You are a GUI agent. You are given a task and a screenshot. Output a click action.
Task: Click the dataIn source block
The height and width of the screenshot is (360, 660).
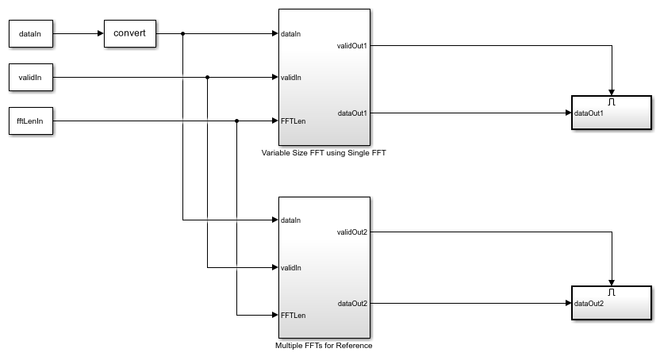31,33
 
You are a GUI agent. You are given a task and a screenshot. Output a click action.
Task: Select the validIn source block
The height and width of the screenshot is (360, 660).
31,78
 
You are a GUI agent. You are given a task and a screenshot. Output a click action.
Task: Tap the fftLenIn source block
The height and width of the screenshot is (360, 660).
31,121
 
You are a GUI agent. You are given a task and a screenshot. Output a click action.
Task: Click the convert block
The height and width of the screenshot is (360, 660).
130,33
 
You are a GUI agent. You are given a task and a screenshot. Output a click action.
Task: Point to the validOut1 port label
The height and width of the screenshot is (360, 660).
352,46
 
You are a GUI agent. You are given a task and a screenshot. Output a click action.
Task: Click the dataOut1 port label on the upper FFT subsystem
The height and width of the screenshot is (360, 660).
353,113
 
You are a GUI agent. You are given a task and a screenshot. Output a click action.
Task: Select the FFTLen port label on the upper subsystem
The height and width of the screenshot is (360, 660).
294,121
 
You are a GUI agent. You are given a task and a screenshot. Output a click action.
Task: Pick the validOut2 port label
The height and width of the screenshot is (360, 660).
352,232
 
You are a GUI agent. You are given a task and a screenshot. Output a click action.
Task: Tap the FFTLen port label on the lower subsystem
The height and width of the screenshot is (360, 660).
294,316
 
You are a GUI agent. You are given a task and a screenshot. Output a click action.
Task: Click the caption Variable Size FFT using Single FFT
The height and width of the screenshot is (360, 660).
324,153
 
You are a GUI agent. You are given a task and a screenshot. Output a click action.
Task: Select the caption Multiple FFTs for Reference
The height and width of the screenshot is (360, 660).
324,346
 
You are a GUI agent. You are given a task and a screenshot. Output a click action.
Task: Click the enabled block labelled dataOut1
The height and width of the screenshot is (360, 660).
612,113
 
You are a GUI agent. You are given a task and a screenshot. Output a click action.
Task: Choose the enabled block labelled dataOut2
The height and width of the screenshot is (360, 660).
612,303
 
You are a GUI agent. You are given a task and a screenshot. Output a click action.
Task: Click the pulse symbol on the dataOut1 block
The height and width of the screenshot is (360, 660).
612,101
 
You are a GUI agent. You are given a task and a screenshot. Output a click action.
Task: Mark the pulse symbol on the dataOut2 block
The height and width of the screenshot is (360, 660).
612,292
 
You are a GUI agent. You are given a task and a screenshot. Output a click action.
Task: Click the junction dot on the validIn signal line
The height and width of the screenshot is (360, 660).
207,78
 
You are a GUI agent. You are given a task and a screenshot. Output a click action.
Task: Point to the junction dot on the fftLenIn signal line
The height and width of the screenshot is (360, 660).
236,121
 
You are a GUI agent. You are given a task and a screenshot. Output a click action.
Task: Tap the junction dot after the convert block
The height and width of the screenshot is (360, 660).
182,33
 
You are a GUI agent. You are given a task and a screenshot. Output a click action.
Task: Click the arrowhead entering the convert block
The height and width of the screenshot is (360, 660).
101,33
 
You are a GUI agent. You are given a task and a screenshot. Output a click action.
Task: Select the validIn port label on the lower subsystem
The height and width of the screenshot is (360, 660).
291,268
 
